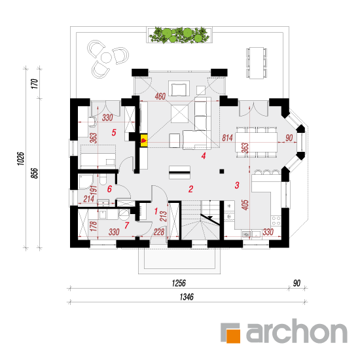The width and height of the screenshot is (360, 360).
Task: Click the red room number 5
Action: (114, 132)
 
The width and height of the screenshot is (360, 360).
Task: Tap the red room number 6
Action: (109, 189)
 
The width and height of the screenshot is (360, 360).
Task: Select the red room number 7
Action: (127, 225)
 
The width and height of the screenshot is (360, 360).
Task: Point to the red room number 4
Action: (204, 156)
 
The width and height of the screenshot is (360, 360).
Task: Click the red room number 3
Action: (237, 185)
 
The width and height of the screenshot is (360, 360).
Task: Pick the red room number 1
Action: (156, 211)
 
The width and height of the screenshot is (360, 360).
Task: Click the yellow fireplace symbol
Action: (144, 141)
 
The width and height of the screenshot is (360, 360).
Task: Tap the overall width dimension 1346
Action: (187, 297)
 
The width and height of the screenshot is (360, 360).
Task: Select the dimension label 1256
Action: (179, 283)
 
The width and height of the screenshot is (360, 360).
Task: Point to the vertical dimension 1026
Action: (21, 158)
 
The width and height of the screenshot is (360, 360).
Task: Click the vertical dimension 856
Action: (34, 173)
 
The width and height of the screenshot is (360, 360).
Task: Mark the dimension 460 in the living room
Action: (160, 96)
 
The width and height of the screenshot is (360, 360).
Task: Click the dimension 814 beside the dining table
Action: (227, 137)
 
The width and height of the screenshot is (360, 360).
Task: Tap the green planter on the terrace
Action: (179, 35)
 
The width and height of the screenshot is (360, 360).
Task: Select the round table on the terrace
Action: (106, 58)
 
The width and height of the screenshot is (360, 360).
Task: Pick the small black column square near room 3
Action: (221, 171)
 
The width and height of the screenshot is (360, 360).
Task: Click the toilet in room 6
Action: (103, 179)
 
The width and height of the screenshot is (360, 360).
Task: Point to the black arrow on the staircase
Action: (210, 218)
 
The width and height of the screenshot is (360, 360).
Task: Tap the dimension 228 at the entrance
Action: (159, 232)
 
